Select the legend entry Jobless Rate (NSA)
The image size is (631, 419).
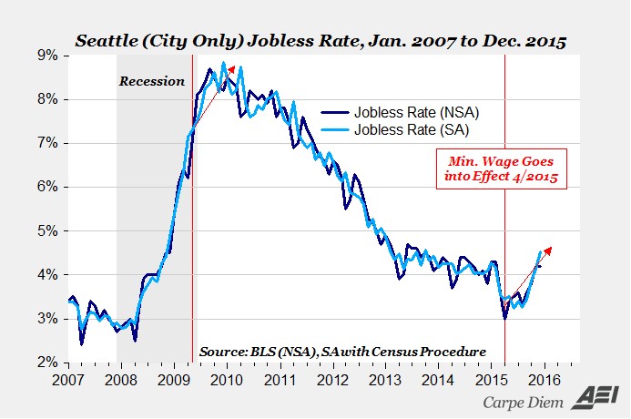401,112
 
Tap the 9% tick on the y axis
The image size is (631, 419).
47,56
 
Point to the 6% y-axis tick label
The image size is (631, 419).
47,187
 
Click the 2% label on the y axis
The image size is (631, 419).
47,362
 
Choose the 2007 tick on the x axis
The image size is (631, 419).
67,378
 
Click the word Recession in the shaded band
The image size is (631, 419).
151,81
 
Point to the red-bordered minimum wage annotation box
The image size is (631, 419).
501,169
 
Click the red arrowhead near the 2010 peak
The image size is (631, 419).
232,68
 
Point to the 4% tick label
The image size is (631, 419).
47,274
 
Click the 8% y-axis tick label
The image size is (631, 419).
47,99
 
